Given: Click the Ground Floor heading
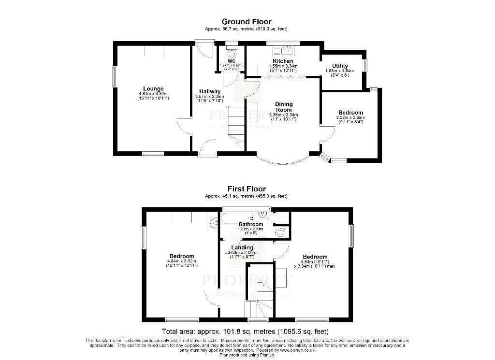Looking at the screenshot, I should click(x=246, y=22).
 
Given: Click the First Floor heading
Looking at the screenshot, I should click(x=247, y=189).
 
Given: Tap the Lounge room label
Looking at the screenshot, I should click(x=153, y=88).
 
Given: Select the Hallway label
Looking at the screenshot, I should click(x=210, y=91).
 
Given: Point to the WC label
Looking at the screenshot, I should click(x=231, y=61).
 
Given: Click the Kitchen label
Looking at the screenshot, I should click(x=282, y=61).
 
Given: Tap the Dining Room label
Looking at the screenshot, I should click(x=284, y=107).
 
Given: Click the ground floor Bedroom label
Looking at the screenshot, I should click(x=350, y=112).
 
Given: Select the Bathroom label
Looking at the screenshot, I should click(x=251, y=224).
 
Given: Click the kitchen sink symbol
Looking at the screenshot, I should click(x=283, y=51).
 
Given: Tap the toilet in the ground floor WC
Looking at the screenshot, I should click(x=231, y=53).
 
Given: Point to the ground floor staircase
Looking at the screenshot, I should click(x=236, y=123).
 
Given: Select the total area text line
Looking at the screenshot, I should click(x=247, y=331).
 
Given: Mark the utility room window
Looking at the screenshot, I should click(x=365, y=65).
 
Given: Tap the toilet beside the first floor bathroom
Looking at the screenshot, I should click(x=280, y=233).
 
